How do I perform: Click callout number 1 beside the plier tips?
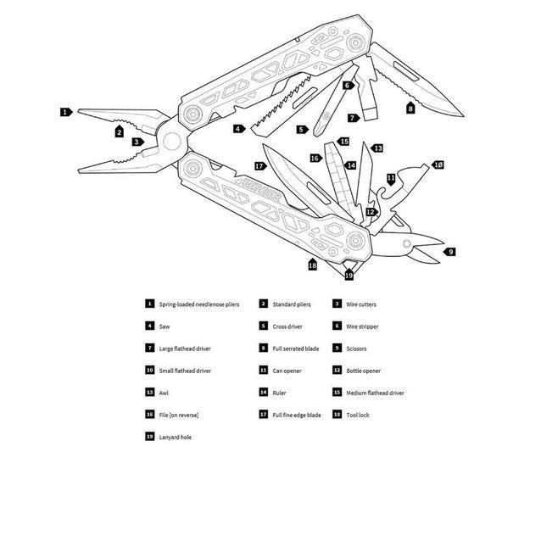tap(65, 111)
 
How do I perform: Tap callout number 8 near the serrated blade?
tap(410, 108)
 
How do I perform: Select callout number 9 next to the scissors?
tap(450, 252)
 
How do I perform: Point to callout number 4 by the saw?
tap(239, 129)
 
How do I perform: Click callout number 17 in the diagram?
tap(259, 166)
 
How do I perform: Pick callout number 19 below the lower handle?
tap(349, 275)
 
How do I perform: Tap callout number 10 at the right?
tap(438, 164)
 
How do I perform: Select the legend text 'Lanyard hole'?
tap(176, 436)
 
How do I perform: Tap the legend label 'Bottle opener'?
tap(363, 370)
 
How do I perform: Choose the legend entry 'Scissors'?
tap(355, 348)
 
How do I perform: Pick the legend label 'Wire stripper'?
tap(362, 326)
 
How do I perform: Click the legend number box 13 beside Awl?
tap(149, 392)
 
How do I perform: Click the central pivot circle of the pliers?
tap(171, 140)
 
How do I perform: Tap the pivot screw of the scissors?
tap(407, 243)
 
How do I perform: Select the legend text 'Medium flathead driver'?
tap(375, 392)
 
